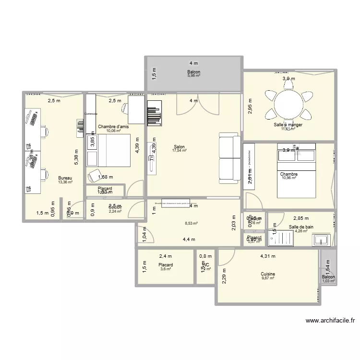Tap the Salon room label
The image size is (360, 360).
pyautogui.click(x=179, y=147)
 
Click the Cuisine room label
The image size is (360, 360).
pyautogui.click(x=268, y=274)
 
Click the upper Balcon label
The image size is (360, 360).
pyautogui.click(x=193, y=72)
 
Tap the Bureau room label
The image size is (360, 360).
pyautogui.click(x=65, y=177)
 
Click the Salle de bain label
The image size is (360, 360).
pyautogui.click(x=301, y=227)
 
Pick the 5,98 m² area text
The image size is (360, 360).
pyautogui.click(x=193, y=76)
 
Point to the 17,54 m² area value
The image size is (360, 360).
pyautogui.click(x=179, y=151)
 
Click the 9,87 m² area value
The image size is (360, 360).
pyautogui.click(x=268, y=278)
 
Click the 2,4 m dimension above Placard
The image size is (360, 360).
pyautogui.click(x=166, y=256)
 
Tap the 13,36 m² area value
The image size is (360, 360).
pyautogui.click(x=65, y=181)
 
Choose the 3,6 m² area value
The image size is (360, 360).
pyautogui.click(x=166, y=269)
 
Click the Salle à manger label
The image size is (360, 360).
pyautogui.click(x=288, y=124)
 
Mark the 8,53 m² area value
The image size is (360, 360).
pyautogui.click(x=192, y=223)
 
